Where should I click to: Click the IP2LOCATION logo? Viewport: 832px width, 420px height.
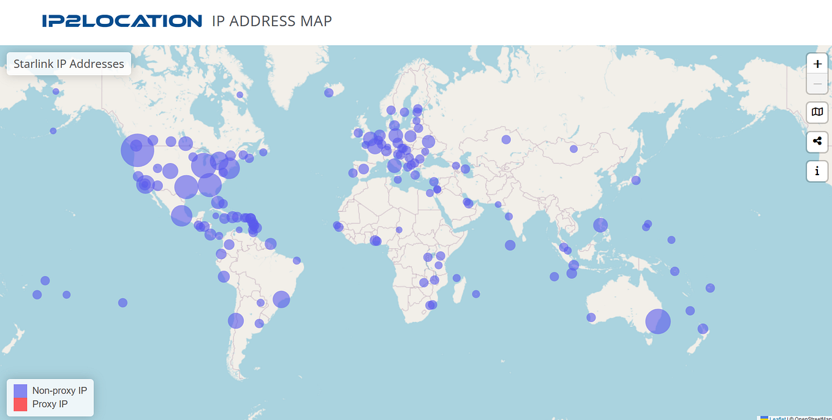point(122,21)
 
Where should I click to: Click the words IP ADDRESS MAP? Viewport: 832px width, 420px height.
point(271,21)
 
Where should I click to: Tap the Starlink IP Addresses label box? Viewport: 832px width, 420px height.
point(69,64)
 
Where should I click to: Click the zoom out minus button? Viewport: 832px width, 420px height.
point(817,84)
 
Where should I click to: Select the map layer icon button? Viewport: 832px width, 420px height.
point(817,112)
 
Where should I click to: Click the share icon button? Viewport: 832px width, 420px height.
point(817,141)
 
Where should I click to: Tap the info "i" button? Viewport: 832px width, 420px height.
point(817,171)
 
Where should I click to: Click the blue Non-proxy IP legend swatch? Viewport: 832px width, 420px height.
point(20,391)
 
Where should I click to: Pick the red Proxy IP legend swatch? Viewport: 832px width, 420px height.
point(20,404)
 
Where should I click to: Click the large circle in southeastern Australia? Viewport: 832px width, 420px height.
point(658,321)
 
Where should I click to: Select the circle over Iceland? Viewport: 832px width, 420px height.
point(328,92)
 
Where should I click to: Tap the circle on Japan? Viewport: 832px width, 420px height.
point(636,180)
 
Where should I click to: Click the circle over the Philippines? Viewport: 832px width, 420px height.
point(600,225)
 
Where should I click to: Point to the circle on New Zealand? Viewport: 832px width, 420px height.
point(703,329)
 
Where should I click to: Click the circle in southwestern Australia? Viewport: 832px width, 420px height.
point(591,317)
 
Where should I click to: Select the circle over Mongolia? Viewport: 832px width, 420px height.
point(573,149)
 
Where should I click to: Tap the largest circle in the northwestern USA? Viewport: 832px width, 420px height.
point(137,150)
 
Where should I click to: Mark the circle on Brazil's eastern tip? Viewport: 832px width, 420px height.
point(297,260)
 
